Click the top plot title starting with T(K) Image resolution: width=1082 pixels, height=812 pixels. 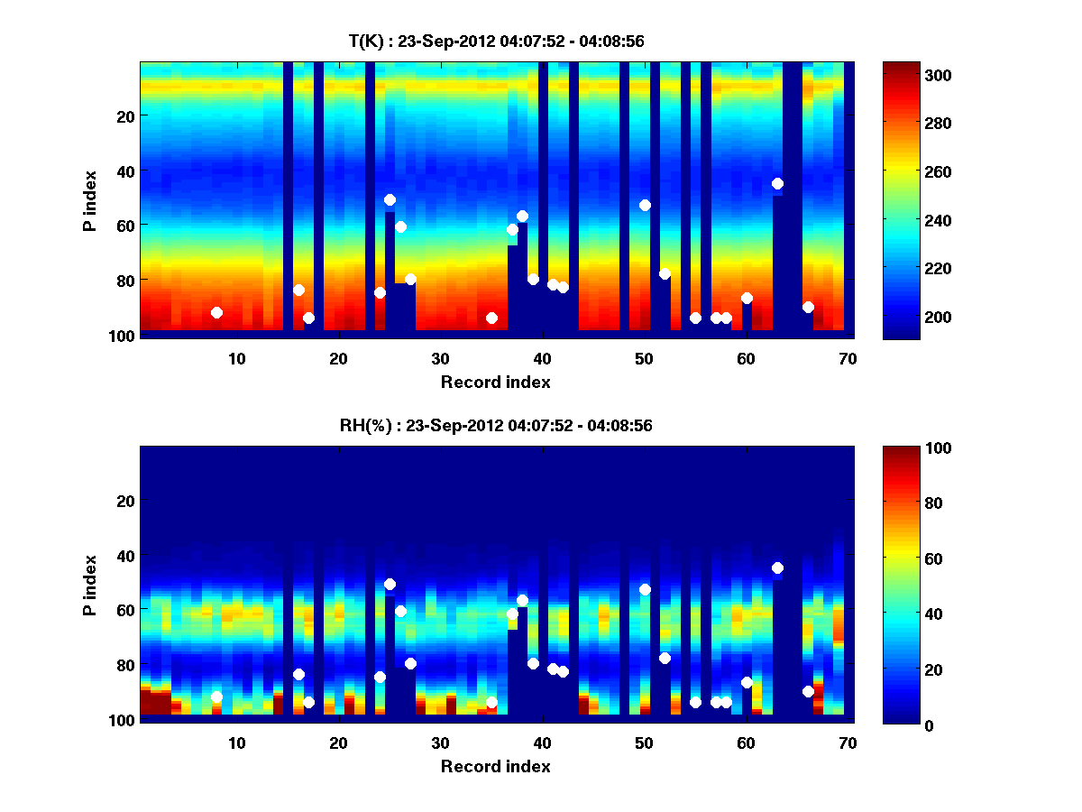[495, 41]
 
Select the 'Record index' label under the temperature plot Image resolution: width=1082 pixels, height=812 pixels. [495, 382]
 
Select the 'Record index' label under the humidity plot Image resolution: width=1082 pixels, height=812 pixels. [495, 766]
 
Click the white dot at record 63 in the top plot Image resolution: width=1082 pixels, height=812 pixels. [777, 183]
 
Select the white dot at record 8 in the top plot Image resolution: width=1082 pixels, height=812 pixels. [216, 312]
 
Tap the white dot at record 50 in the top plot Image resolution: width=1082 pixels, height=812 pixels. [645, 205]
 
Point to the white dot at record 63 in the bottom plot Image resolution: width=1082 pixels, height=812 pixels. [777, 567]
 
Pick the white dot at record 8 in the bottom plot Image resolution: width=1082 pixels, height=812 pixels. [216, 697]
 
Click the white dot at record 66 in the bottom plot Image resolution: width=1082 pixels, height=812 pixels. [808, 691]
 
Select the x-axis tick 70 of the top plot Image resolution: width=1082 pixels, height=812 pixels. [848, 358]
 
